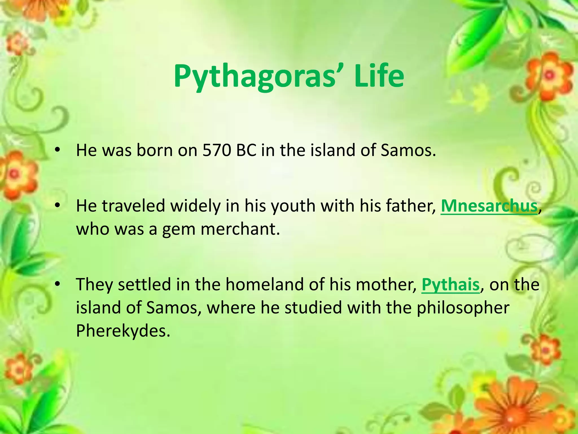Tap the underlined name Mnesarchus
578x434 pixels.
tap(489, 206)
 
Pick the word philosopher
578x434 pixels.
tap(463, 308)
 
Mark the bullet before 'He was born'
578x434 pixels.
tap(58, 150)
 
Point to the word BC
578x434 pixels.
tap(246, 150)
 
